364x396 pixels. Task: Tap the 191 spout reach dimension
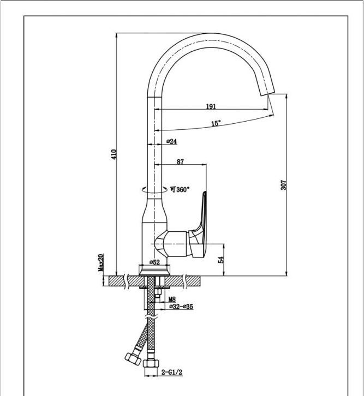(x=211, y=106)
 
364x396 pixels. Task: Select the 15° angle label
(x=216, y=124)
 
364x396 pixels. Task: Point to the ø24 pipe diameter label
(x=172, y=142)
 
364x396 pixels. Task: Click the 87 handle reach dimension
(x=181, y=161)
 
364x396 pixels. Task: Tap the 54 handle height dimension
(x=221, y=260)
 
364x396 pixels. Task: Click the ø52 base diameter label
(x=154, y=263)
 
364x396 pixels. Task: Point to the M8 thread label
(x=171, y=299)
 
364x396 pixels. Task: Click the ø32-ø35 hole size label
(x=181, y=307)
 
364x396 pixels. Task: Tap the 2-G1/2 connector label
(x=170, y=373)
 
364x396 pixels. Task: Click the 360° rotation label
(x=180, y=190)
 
